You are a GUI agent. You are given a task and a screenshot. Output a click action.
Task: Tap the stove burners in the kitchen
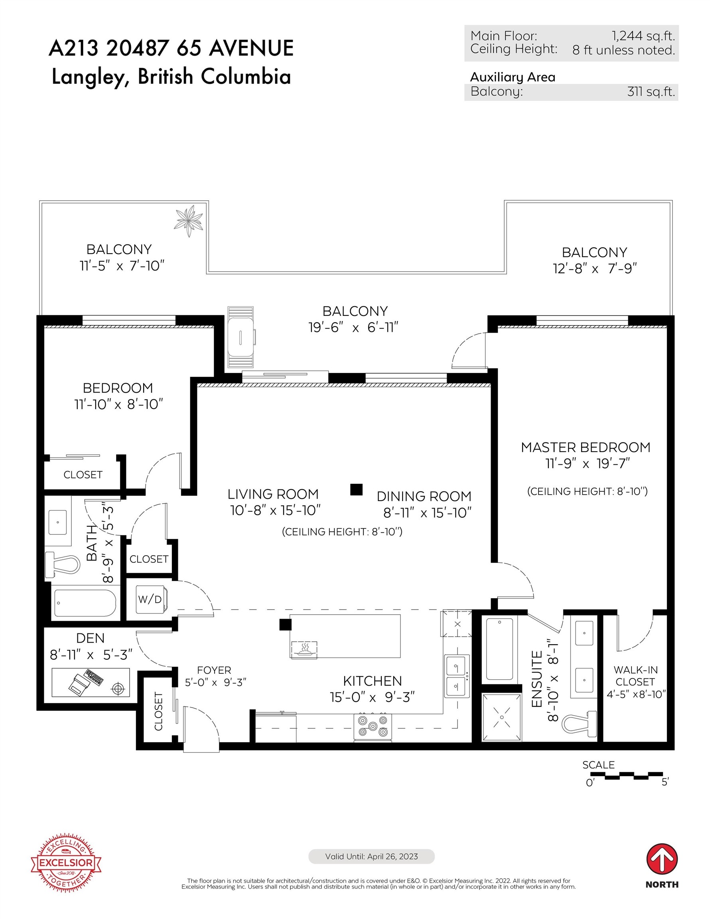point(373,726)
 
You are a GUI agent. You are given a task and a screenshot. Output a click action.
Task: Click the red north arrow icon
point(662,858)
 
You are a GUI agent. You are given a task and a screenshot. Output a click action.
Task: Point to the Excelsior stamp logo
point(66,862)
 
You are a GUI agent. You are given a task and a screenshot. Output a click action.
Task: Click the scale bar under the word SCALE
point(634,775)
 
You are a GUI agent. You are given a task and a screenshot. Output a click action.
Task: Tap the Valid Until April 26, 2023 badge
point(371,856)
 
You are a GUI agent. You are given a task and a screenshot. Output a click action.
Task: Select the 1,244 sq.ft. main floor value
point(643,36)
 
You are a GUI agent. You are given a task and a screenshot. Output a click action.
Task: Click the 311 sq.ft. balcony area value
point(651,91)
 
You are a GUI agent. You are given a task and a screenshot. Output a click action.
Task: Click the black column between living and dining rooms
point(356,489)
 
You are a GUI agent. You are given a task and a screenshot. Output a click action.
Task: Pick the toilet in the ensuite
point(579,723)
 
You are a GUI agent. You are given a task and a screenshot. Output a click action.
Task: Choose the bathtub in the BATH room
point(85,603)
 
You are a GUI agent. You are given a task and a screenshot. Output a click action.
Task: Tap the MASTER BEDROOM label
point(586,447)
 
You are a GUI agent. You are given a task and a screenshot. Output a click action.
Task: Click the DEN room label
point(90,638)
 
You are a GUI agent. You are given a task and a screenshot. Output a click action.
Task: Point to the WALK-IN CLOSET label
point(635,676)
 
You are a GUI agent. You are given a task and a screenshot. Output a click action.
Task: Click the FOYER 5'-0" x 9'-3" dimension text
point(215,682)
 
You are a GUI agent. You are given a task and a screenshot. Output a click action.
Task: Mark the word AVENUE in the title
point(251,48)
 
